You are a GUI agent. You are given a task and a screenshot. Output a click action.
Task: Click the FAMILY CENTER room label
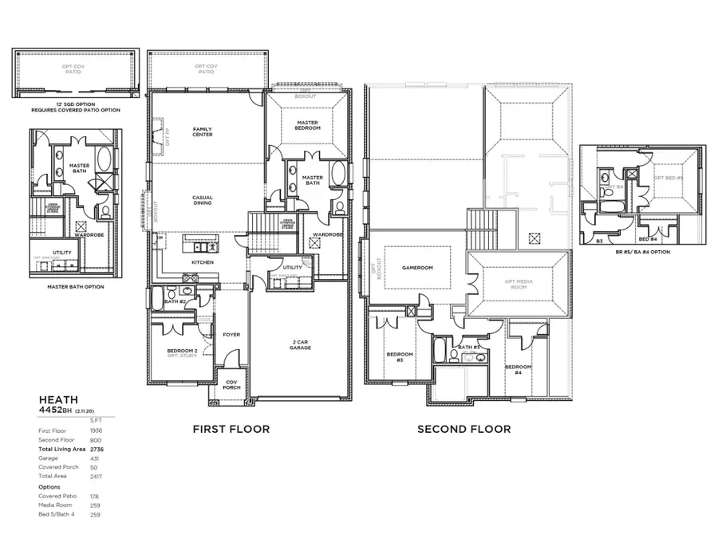point(202,132)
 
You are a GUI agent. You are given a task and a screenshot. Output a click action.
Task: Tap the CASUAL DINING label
point(202,200)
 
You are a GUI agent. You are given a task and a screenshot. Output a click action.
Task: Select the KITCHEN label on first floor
point(202,262)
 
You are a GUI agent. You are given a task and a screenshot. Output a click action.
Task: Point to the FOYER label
point(231,335)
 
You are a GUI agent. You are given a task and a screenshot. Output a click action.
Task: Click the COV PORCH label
point(231,385)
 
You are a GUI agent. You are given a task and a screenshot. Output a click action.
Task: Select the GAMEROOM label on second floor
point(416,268)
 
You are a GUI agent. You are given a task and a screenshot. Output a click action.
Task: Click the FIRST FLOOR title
point(231,429)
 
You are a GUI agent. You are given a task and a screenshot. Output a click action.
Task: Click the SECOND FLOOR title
point(464,429)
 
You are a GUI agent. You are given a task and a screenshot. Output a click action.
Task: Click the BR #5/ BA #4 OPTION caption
point(642,252)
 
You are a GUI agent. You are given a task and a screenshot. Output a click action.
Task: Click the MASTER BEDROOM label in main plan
point(307,125)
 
